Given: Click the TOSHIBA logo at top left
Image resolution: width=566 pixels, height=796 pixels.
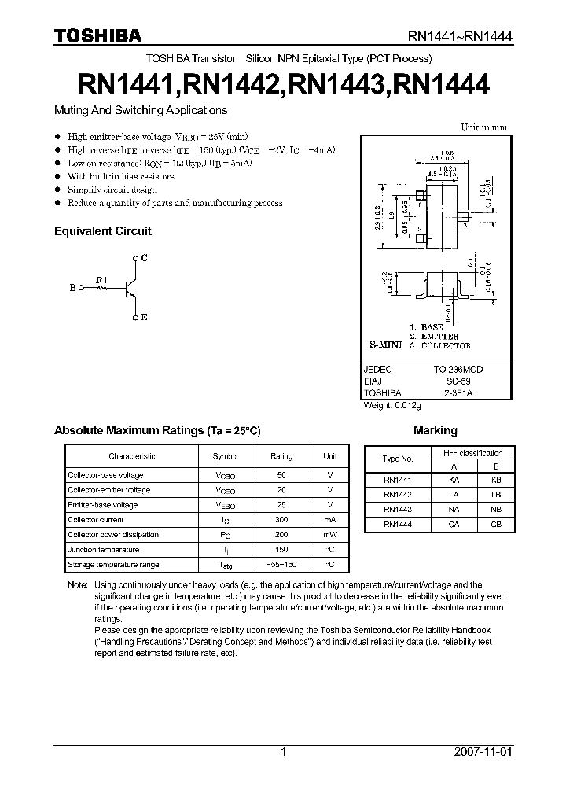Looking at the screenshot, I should (x=97, y=35).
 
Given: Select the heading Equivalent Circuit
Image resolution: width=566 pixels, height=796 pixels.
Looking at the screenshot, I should (x=102, y=231).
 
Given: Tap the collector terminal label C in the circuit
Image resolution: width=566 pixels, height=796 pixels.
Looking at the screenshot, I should (x=144, y=257).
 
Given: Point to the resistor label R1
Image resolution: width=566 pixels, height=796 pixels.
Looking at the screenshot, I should (x=101, y=278).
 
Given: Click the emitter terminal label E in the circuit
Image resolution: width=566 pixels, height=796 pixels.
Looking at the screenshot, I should (x=144, y=317).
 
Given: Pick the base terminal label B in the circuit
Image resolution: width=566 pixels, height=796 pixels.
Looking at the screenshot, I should (x=72, y=288).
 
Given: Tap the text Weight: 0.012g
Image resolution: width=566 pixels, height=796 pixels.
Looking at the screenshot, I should (x=392, y=405).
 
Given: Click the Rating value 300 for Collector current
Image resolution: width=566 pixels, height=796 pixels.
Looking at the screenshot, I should (x=281, y=520).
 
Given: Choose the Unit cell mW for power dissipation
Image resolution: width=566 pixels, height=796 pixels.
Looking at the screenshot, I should (x=330, y=535).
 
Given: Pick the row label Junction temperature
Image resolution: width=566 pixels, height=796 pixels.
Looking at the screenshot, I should (x=103, y=550).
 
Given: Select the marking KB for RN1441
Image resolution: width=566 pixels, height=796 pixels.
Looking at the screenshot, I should (x=495, y=479).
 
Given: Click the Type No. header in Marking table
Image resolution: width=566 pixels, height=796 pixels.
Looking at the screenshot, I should (x=398, y=459).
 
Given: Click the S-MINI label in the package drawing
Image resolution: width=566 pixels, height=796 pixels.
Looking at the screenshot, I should (x=386, y=345).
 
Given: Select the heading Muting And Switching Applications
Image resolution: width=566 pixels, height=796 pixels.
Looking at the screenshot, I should (x=140, y=111).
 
